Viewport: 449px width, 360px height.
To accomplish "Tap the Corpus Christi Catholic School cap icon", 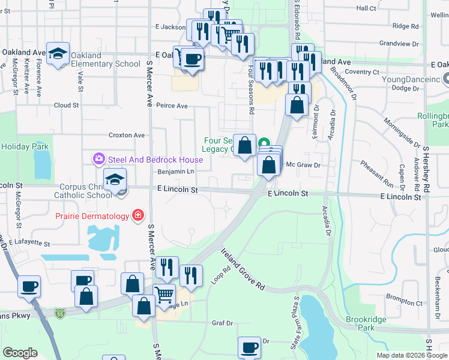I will [115, 179].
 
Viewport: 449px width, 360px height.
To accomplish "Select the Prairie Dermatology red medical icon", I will [138, 215].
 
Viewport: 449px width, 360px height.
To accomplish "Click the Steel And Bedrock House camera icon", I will [98, 159].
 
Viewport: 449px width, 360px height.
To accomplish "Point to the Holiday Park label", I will [24, 146].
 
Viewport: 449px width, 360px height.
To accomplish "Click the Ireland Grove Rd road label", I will [243, 270].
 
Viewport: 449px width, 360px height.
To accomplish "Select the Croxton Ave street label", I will [127, 136].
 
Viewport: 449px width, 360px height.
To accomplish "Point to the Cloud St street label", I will [66, 105].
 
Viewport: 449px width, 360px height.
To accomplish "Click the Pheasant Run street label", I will [376, 172].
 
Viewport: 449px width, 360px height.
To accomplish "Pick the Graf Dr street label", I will [222, 323].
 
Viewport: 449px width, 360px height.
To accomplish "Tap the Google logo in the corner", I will [20, 353].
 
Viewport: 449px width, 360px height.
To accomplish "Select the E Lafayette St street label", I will [29, 244].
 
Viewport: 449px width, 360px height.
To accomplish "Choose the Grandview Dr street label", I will [399, 43].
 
